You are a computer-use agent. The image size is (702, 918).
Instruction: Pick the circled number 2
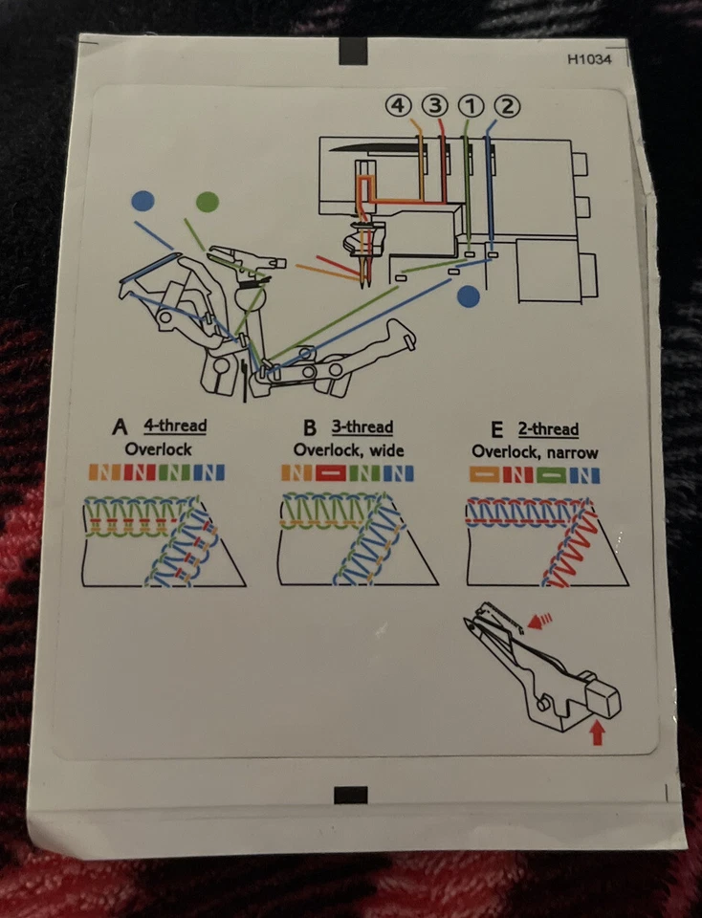click(x=508, y=106)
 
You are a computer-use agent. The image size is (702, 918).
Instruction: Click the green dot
click(x=207, y=202)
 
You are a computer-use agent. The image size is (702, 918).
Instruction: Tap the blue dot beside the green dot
click(x=143, y=201)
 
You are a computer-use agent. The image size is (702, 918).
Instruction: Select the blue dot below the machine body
click(x=468, y=295)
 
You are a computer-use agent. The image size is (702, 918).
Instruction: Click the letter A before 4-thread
click(x=120, y=426)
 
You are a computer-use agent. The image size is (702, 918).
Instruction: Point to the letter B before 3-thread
click(x=310, y=427)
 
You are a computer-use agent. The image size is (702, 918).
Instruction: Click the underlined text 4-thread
click(x=175, y=426)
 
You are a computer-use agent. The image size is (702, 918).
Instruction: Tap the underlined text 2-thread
click(x=551, y=429)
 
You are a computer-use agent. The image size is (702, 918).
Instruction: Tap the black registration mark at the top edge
click(x=353, y=49)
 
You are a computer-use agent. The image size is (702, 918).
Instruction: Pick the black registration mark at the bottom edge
click(x=352, y=795)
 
